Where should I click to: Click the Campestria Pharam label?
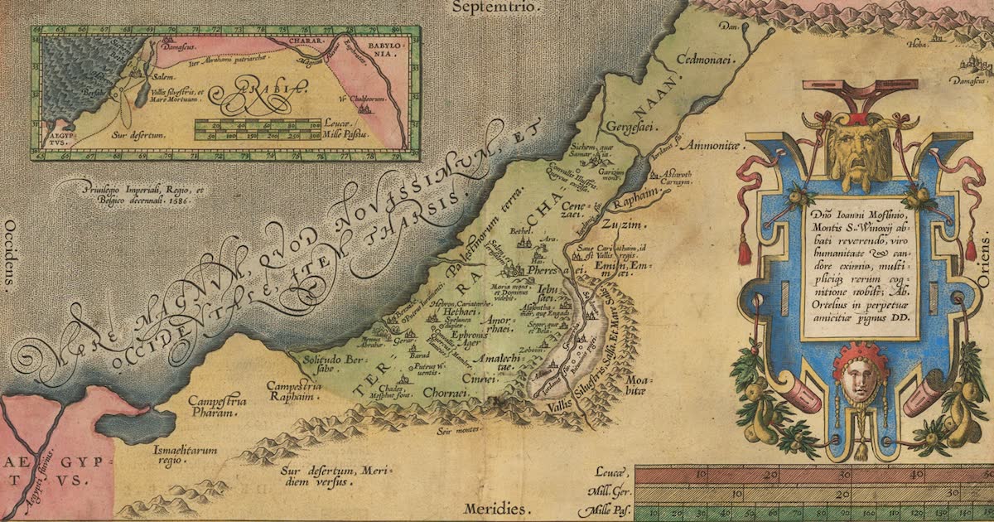[217, 406]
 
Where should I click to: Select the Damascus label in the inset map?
[181, 50]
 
